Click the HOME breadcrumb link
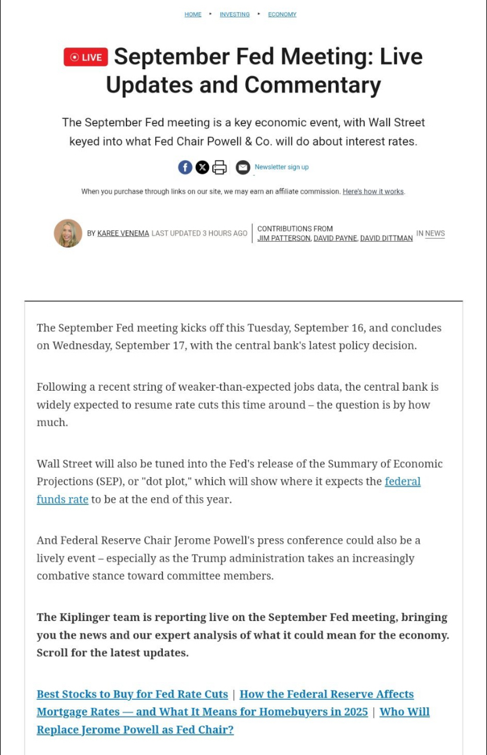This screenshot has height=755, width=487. coord(193,15)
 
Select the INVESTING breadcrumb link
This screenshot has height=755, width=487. coord(235,15)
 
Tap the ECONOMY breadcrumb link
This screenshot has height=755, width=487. coord(282,15)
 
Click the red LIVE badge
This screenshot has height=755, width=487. coord(86,57)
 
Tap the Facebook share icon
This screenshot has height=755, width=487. coord(185,167)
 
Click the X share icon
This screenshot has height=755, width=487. coord(202,167)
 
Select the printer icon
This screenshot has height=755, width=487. coord(219,167)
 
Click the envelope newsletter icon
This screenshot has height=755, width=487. coord(243,167)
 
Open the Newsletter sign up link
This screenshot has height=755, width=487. coord(281,167)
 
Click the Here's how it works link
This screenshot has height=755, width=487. coord(373,192)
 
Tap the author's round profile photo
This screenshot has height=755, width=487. coord(68,233)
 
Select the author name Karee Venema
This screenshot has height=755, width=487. coord(123,233)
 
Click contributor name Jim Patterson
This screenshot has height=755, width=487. coord(283,239)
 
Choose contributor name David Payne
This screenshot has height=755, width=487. coord(335,239)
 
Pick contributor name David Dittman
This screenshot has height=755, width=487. coord(386,239)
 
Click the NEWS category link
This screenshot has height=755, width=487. coord(435,233)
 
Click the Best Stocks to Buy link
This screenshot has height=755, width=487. coord(132,694)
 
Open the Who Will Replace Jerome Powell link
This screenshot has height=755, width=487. coord(135,730)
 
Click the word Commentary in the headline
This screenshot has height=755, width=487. coord(312,85)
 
